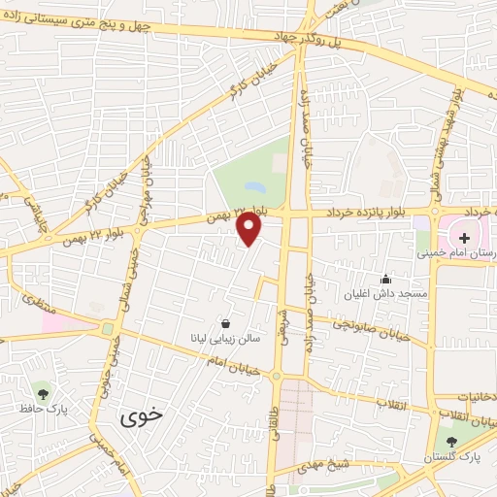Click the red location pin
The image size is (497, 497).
coord(249,229)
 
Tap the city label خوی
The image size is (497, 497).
coord(144,418)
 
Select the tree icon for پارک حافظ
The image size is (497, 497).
coord(42,392)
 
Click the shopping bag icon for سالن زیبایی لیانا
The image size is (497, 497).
coord(226,324)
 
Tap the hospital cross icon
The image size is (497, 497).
coord(464,236)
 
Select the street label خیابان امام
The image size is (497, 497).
coord(222,363)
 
